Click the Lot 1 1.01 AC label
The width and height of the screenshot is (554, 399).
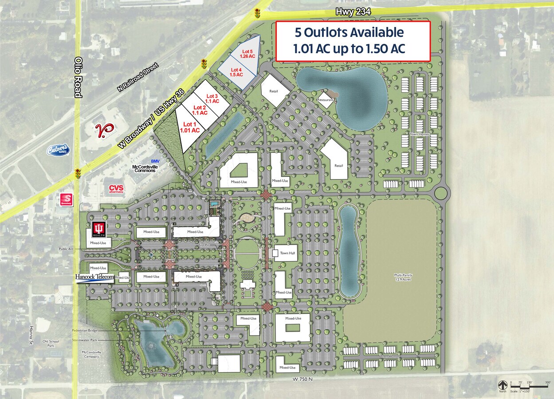point(190,127)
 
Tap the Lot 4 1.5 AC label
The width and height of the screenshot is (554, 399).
point(236,72)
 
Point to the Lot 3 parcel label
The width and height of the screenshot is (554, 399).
point(212,98)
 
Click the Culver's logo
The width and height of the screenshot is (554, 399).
point(59,150)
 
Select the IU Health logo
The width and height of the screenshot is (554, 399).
point(98,230)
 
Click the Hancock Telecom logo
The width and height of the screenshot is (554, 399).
point(94,278)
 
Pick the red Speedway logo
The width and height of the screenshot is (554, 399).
point(67,200)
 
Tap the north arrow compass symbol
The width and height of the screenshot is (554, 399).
point(502,385)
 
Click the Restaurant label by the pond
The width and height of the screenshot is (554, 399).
point(325,100)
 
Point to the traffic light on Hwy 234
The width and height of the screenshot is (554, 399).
point(257,13)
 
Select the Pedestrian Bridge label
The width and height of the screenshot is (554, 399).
point(85,331)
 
